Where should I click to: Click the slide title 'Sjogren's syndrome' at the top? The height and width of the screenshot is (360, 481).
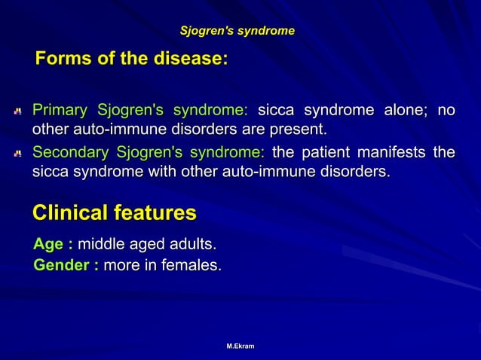click(237, 31)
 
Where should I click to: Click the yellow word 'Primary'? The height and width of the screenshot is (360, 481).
click(59, 111)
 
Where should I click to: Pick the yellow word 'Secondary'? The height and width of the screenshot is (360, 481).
click(69, 153)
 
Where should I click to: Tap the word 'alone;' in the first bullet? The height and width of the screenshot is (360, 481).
click(406, 111)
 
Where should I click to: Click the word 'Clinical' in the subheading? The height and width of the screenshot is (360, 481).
click(70, 213)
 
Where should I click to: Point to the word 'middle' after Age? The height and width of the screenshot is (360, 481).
click(101, 245)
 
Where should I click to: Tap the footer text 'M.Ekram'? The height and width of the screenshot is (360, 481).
click(240, 346)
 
